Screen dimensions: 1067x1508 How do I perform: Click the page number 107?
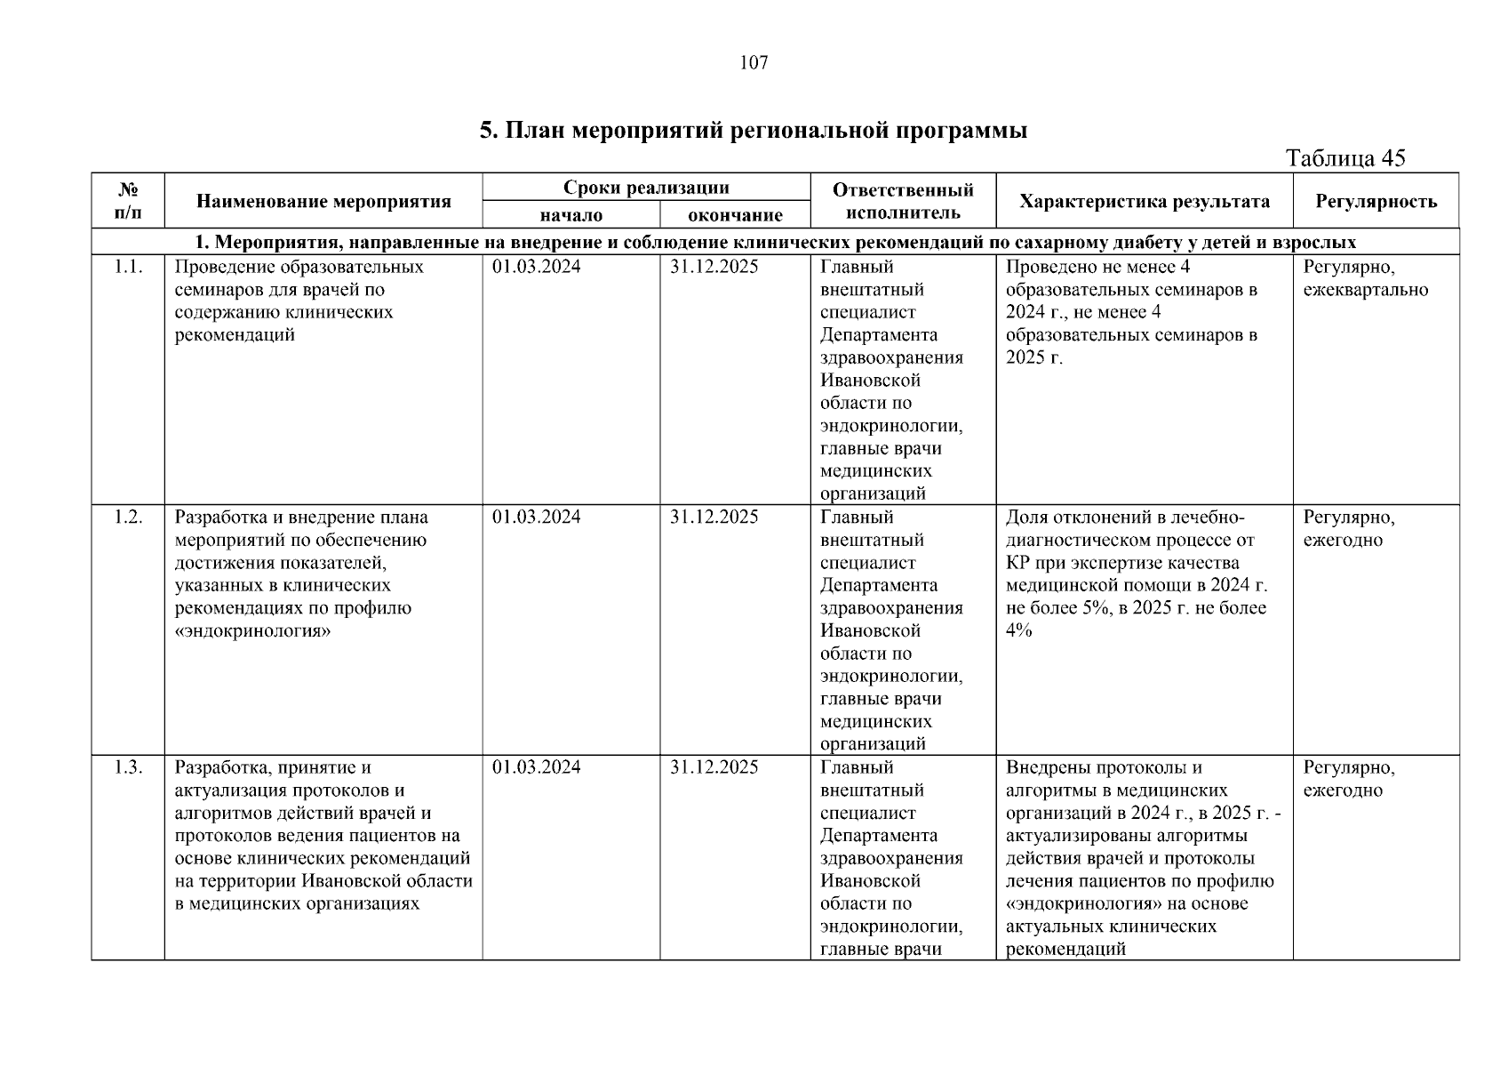tap(754, 62)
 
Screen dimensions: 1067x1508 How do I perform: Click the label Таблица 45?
tap(1345, 158)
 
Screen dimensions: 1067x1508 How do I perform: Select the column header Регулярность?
tap(1376, 201)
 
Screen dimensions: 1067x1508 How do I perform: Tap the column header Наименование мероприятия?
tap(323, 201)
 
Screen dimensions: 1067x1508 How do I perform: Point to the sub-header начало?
tap(570, 215)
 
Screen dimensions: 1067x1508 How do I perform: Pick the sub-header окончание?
tap(735, 215)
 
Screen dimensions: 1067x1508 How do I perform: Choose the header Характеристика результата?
tap(1144, 201)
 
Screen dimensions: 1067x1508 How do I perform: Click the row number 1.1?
tap(128, 267)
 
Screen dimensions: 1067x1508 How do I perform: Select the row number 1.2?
tap(128, 517)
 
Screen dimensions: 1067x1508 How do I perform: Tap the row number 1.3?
tap(128, 767)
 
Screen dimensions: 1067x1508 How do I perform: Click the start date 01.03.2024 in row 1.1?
tap(536, 267)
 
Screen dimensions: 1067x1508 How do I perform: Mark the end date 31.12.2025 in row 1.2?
tap(714, 517)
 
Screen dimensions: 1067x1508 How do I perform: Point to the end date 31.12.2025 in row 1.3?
tap(714, 767)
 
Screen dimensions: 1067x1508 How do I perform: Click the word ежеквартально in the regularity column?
tap(1365, 290)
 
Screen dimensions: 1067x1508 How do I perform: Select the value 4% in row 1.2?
tap(1019, 631)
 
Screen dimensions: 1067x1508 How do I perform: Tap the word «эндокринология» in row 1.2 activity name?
tap(253, 631)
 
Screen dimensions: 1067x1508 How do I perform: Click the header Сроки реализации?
tap(646, 188)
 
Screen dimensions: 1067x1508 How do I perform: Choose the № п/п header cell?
tap(128, 201)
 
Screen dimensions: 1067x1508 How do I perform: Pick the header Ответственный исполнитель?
tap(903, 201)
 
